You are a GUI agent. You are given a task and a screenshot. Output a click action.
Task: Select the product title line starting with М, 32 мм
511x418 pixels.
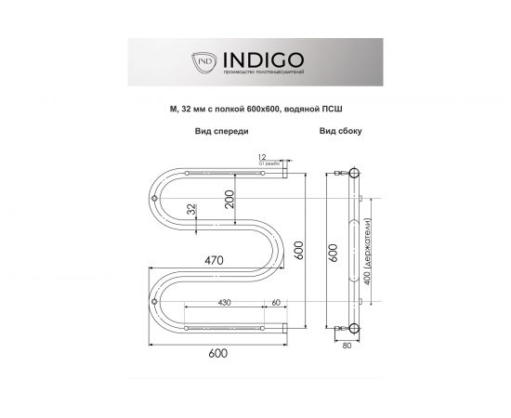255,109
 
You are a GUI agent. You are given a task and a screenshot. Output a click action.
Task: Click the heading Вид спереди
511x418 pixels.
221,133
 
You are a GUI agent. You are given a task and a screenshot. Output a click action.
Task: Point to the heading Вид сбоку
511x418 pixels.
341,133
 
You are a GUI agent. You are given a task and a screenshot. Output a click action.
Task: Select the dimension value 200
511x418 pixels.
229,197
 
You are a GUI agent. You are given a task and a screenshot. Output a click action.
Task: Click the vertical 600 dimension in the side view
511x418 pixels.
332,251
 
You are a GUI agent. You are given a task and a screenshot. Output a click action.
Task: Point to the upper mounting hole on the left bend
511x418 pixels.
153,198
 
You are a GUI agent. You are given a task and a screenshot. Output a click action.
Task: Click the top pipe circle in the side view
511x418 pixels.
354,174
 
